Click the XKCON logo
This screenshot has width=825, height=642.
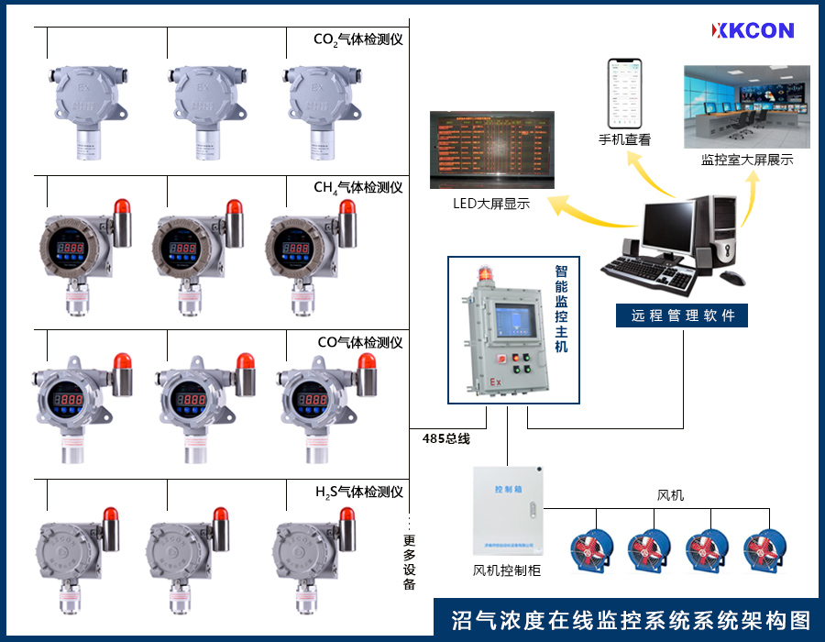point(753,30)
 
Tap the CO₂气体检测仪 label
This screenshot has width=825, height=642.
point(358,39)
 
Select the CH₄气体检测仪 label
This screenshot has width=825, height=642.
point(358,188)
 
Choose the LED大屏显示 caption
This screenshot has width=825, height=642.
point(491,204)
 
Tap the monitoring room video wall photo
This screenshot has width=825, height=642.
point(747,106)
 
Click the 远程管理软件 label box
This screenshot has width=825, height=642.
point(683,315)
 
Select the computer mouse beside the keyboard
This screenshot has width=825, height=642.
point(731,277)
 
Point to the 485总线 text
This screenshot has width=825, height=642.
point(445,438)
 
